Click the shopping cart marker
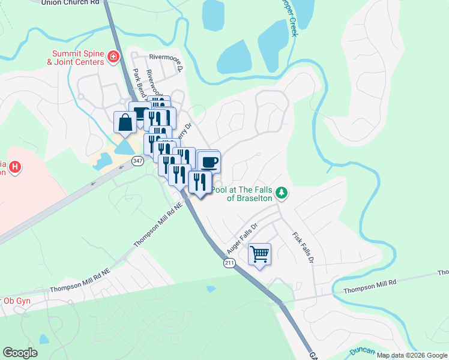[x=259, y=254]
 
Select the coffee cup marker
[x=209, y=162]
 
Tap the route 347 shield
[x=138, y=161]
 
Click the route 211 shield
[x=229, y=263]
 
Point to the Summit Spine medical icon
[x=112, y=57]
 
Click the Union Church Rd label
[x=70, y=2]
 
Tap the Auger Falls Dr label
[x=242, y=235]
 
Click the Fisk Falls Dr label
[x=303, y=248]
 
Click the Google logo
[x=20, y=353]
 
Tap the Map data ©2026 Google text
[x=411, y=355]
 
